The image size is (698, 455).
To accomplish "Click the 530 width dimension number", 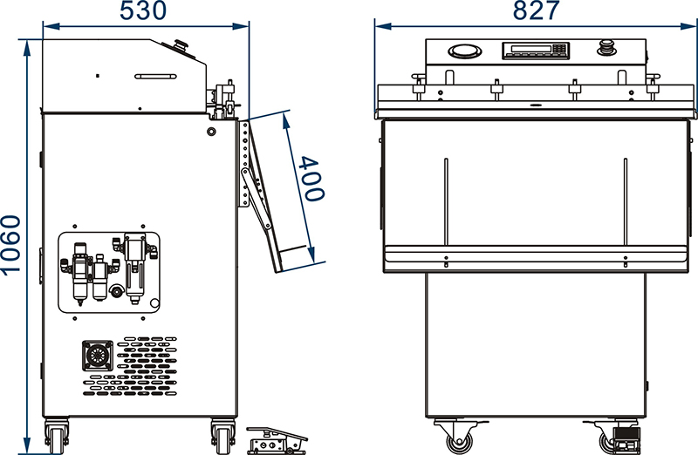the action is [x=142, y=10].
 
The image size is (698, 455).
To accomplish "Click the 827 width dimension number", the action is [x=536, y=10].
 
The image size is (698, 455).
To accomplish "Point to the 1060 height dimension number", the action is [x=10, y=245].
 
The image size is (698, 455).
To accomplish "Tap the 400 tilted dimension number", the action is [x=311, y=179].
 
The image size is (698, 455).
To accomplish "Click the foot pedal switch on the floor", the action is [x=276, y=441].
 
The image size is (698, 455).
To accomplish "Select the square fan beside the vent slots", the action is [x=98, y=356].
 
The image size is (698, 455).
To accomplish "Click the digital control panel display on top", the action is [x=536, y=51].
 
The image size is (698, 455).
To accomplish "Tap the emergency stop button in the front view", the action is [x=606, y=47].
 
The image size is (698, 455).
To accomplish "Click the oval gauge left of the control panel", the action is [x=465, y=51].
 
